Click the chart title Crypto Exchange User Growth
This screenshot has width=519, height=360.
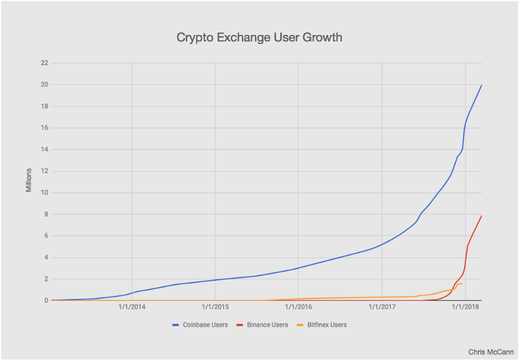tap(259, 38)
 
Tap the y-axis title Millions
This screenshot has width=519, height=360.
tap(29, 180)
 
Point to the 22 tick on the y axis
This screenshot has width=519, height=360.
tap(44, 63)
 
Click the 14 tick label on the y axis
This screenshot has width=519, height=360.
tap(44, 149)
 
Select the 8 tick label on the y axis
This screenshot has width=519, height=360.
tap(46, 214)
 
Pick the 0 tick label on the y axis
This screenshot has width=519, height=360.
tap(46, 300)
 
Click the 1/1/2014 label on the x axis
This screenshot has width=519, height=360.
tap(132, 307)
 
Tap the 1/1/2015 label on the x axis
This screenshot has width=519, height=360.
tap(215, 307)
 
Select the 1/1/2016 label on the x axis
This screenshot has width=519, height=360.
tap(298, 307)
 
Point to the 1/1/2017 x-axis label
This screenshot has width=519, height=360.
tap(382, 307)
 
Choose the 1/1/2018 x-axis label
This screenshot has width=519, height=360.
tap(465, 307)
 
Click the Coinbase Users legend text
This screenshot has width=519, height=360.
tap(205, 325)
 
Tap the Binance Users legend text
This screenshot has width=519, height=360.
tap(267, 325)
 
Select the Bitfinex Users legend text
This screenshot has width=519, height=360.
tap(327, 325)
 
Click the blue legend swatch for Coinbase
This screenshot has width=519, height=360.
tap(175, 325)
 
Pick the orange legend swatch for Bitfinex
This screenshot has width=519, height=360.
tap(300, 325)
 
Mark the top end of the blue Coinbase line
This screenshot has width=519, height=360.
tap(481, 85)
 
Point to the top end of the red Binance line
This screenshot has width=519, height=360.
tap(481, 216)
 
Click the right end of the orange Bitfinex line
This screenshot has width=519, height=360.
tap(462, 283)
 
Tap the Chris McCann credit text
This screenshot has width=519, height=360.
tap(491, 352)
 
